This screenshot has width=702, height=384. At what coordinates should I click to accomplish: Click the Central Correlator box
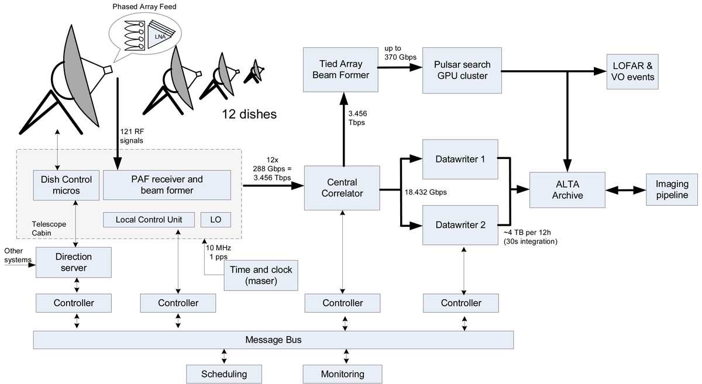pos(342,188)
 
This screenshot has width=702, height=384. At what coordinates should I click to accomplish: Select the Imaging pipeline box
pos(673,189)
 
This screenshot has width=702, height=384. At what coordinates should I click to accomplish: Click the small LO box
pos(216,220)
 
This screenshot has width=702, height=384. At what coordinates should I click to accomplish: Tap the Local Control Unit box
pos(149,220)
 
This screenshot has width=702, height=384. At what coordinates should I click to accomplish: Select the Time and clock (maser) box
pos(261,275)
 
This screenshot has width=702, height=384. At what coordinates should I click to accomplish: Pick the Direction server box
pos(73,262)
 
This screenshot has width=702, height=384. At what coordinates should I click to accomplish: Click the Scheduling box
pos(224,374)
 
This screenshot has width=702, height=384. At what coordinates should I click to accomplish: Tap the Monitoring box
pos(342,374)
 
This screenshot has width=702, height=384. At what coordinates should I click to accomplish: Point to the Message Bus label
pos(273,340)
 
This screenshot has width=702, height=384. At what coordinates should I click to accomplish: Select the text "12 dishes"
pos(249,114)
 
